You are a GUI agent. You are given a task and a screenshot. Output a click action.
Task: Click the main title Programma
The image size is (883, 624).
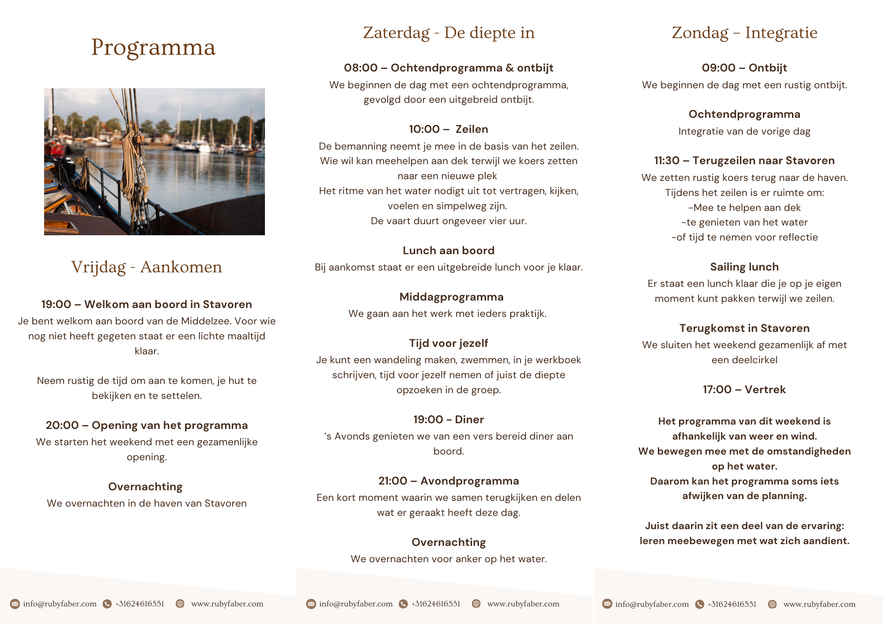[153, 48]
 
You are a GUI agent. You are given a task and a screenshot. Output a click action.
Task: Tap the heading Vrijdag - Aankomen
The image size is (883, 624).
[147, 267]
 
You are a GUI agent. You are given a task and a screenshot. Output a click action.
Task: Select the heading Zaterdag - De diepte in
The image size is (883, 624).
[449, 33]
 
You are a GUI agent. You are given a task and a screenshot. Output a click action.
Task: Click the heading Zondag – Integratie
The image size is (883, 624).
[744, 33]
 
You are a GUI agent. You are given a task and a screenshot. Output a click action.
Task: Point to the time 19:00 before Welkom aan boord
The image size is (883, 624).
[56, 304]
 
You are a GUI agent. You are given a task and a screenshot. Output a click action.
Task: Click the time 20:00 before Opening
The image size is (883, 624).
[62, 425]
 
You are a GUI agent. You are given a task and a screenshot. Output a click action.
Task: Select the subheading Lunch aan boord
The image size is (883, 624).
[449, 251]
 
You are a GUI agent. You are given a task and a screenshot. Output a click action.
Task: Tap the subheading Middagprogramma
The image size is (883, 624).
[451, 297]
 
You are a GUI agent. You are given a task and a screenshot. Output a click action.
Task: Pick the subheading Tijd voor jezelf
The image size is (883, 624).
[449, 343]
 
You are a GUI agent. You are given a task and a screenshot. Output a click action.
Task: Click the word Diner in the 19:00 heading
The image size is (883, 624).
[469, 420]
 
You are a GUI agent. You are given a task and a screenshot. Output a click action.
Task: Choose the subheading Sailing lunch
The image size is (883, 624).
[744, 267]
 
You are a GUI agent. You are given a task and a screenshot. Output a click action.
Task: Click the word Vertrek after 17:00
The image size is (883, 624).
[765, 390]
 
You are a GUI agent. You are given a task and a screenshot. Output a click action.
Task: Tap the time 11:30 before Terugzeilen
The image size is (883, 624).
[667, 161]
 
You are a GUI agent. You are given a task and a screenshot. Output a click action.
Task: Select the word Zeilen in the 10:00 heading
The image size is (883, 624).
[472, 129]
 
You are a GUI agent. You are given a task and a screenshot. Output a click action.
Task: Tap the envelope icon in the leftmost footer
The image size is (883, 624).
[15, 604]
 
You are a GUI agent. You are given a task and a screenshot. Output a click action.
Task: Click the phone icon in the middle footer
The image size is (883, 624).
[403, 604]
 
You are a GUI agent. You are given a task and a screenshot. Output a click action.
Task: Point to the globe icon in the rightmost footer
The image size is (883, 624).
[772, 604]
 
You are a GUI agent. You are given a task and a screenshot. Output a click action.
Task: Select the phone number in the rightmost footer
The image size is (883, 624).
[732, 604]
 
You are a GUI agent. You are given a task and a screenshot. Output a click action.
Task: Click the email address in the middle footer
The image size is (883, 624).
[356, 604]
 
